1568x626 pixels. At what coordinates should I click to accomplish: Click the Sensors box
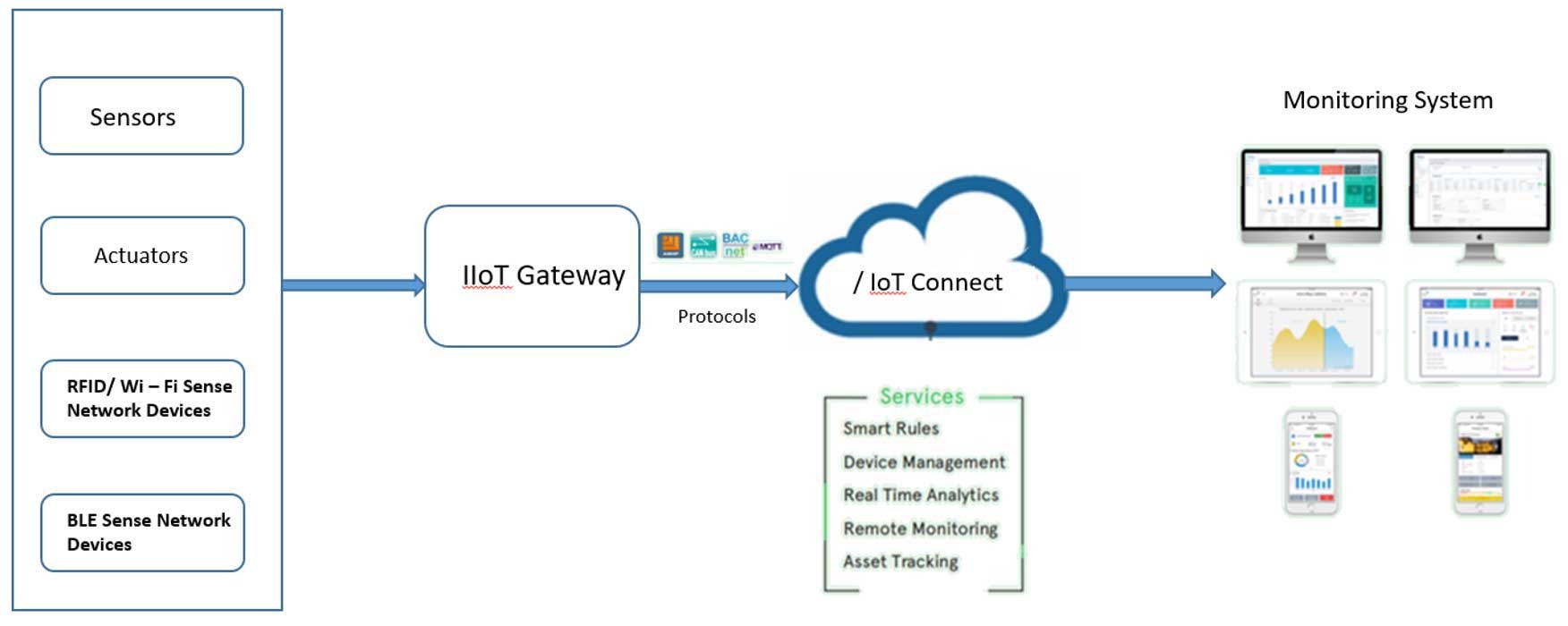coord(141,116)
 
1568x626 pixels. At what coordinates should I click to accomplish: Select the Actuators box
coord(142,256)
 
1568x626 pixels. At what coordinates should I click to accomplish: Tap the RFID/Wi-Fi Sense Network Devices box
coord(142,399)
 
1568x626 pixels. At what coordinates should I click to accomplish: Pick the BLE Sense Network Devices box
coord(142,533)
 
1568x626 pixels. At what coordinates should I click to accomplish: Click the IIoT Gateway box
coord(532,275)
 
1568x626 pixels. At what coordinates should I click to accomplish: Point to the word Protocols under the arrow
coord(716,317)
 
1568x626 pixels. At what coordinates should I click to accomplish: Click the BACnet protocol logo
coord(735,245)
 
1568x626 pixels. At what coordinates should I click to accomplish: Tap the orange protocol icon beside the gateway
coord(669,245)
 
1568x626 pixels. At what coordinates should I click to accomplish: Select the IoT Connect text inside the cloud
coord(928,283)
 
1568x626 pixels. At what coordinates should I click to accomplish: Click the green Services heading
coord(921,396)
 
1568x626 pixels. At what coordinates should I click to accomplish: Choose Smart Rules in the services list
coord(891,428)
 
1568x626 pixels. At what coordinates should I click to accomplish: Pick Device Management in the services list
coord(924,462)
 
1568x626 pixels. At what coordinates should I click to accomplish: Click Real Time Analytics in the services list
coord(920,495)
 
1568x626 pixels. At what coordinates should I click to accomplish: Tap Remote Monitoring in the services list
coord(920,529)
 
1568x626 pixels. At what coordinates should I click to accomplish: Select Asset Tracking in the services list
coord(900,562)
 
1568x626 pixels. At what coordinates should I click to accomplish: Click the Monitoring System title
coord(1387,100)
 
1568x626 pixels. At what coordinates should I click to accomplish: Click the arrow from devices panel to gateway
coord(353,285)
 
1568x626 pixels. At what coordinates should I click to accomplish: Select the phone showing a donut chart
coord(1311,462)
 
